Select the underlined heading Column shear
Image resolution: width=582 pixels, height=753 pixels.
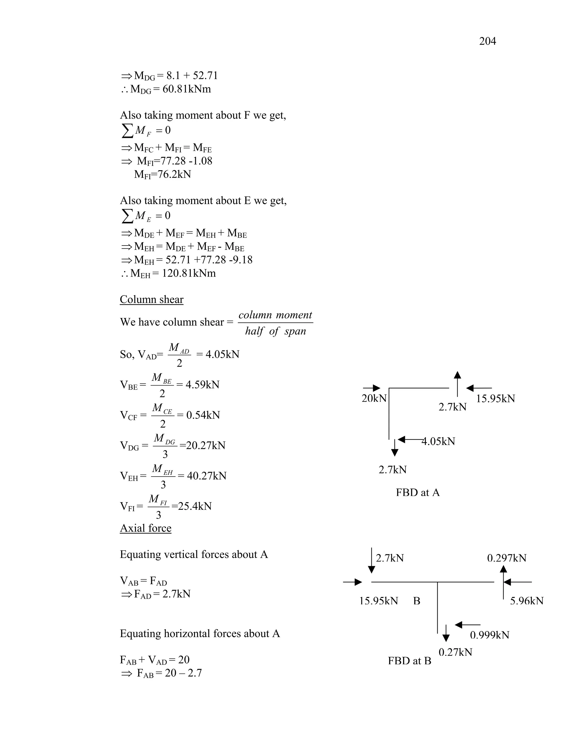click(151, 299)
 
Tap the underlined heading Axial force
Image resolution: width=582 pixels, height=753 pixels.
click(145, 528)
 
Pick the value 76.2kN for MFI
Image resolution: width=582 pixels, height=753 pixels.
click(174, 174)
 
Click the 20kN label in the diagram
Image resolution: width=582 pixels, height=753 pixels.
click(374, 399)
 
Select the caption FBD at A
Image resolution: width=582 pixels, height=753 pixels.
click(417, 492)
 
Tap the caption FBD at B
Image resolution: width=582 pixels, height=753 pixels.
click(409, 661)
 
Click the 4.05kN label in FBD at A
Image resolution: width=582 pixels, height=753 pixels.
click(438, 441)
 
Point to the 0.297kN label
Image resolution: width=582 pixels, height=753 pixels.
click(506, 558)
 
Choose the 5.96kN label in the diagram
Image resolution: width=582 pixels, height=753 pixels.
click(527, 601)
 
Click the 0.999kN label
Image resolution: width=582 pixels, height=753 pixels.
click(489, 635)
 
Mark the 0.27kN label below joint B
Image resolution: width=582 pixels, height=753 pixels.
click(455, 652)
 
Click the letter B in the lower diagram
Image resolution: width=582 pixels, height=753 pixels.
click(417, 601)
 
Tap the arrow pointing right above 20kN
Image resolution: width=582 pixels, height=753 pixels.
click(372, 388)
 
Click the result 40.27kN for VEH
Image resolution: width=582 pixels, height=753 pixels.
click(207, 476)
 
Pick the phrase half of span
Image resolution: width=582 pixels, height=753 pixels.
click(275, 331)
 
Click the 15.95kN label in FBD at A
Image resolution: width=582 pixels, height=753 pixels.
click(495, 399)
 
